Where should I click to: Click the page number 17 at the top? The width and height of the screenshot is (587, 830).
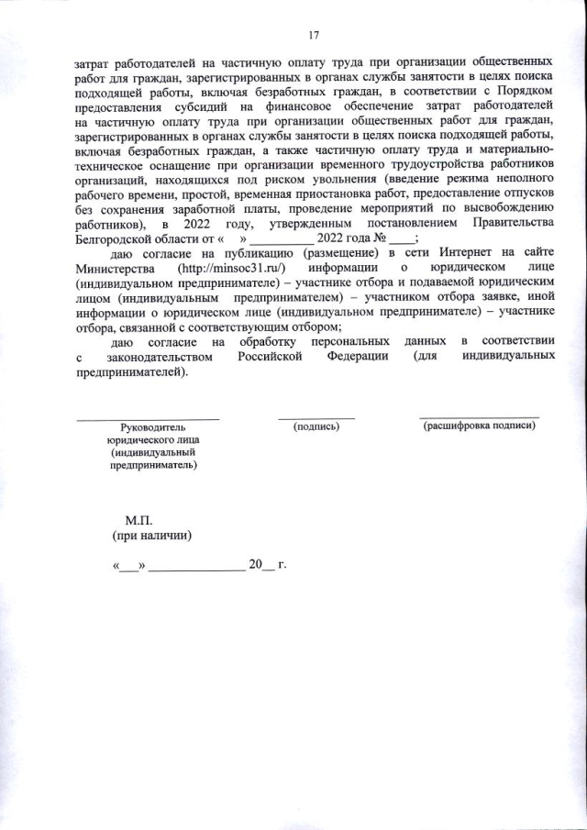(x=314, y=36)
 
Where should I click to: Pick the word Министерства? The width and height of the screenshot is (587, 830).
(x=118, y=266)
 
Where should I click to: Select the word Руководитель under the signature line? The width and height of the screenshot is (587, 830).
(x=152, y=427)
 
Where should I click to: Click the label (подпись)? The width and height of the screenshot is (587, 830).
(x=316, y=426)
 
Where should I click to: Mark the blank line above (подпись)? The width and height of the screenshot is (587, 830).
(x=316, y=418)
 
